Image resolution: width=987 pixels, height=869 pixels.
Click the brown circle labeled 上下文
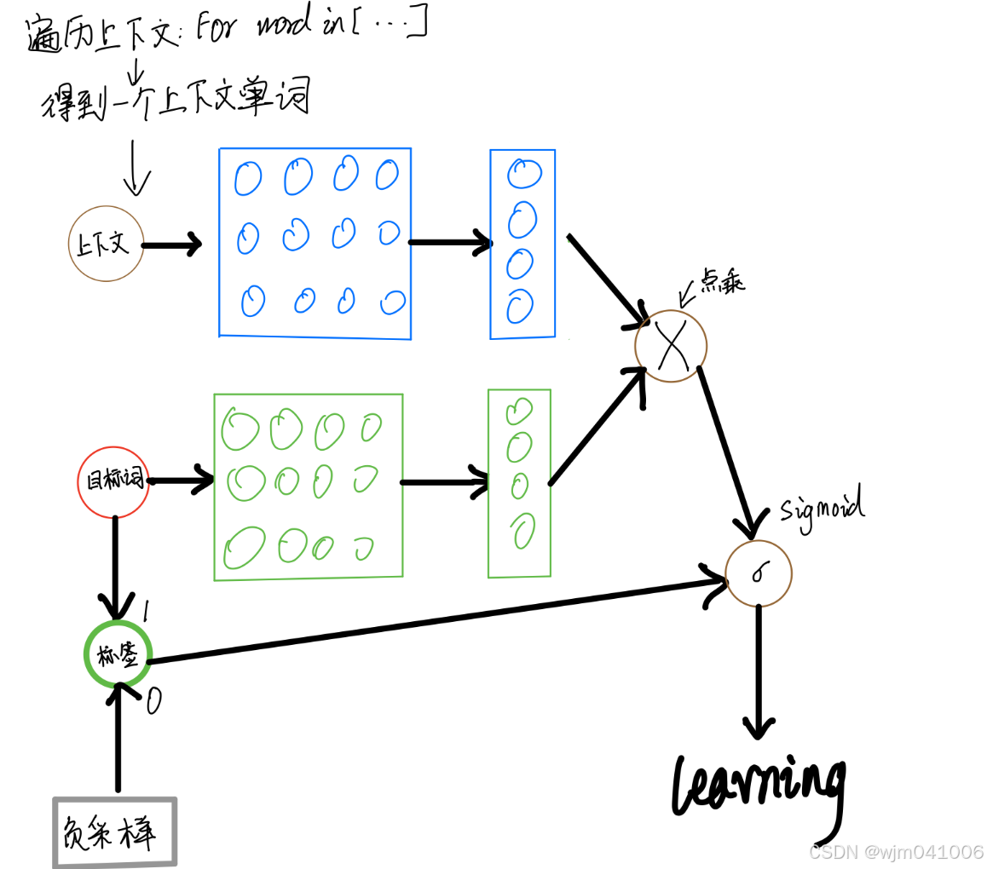[x=106, y=244]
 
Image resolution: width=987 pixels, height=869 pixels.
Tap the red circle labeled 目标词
[x=113, y=482]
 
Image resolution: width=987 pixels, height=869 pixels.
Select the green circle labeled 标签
[x=118, y=654]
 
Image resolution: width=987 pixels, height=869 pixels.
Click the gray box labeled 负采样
[x=115, y=832]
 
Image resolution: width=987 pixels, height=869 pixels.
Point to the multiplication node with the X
[x=671, y=346]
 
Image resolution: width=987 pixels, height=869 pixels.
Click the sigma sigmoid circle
[x=758, y=573]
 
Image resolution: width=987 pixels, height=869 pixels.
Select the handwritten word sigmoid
[x=822, y=508]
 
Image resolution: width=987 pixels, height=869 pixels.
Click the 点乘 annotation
[x=722, y=284]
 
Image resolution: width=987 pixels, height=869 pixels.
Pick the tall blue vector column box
[x=522, y=245]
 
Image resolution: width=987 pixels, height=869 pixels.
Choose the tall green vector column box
[x=519, y=483]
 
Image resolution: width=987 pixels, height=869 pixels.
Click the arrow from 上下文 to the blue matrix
[x=171, y=245]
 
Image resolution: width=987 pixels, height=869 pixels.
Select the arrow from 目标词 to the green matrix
[x=181, y=481]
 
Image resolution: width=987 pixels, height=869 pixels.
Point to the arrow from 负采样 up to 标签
[x=118, y=737]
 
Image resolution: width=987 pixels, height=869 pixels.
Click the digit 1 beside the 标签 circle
[x=146, y=610]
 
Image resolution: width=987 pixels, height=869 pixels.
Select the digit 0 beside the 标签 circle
[x=153, y=701]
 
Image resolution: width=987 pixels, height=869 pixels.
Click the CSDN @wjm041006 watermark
[x=895, y=852]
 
